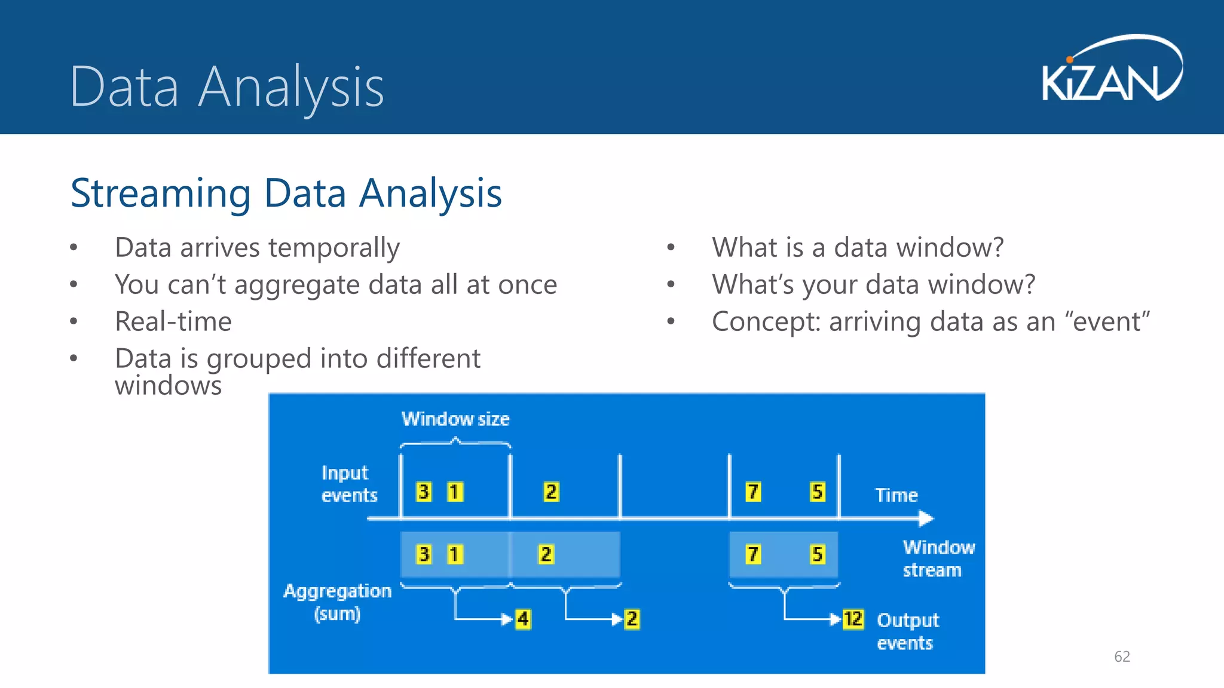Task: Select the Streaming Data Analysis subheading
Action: click(x=286, y=193)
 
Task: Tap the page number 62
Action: click(x=1122, y=656)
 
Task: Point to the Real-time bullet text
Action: click(x=173, y=321)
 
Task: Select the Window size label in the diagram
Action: click(x=455, y=419)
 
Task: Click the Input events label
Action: click(x=348, y=484)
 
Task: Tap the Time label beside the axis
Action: click(x=896, y=495)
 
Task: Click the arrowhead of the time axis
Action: click(x=926, y=518)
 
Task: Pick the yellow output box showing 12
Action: click(x=853, y=619)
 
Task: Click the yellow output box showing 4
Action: click(x=523, y=619)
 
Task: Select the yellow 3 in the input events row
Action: click(x=424, y=492)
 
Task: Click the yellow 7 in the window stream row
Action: click(x=753, y=554)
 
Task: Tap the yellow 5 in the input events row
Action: click(x=817, y=492)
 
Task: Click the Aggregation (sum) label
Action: click(x=337, y=602)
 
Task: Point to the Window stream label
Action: click(x=937, y=558)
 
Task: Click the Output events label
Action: click(x=907, y=631)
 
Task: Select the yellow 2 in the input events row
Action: click(x=550, y=492)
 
